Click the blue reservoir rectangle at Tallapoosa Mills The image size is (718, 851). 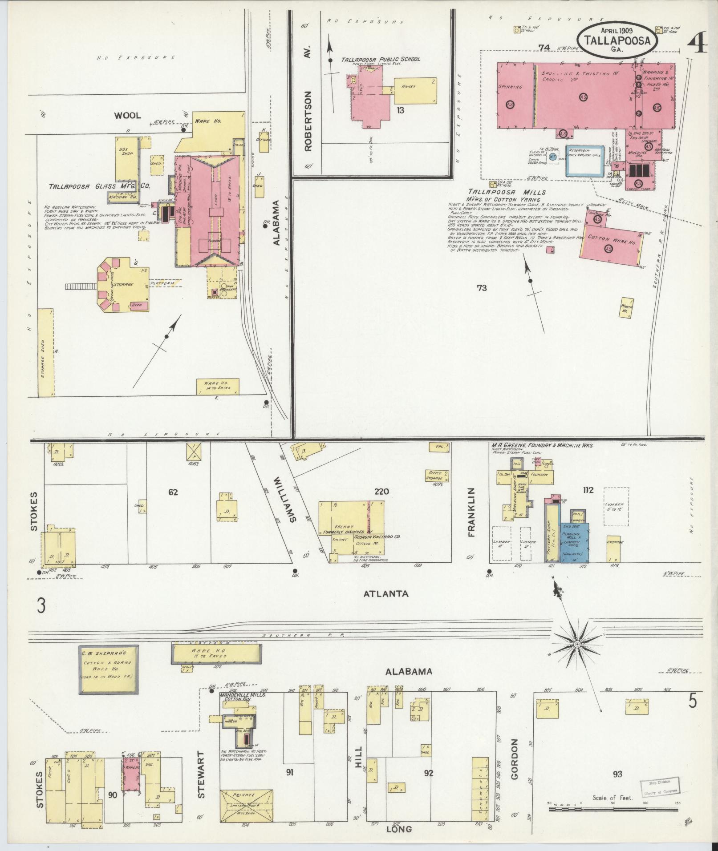click(x=585, y=161)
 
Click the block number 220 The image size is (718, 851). click(x=382, y=491)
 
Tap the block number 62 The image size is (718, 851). click(x=173, y=492)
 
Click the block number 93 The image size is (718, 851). click(x=617, y=774)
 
